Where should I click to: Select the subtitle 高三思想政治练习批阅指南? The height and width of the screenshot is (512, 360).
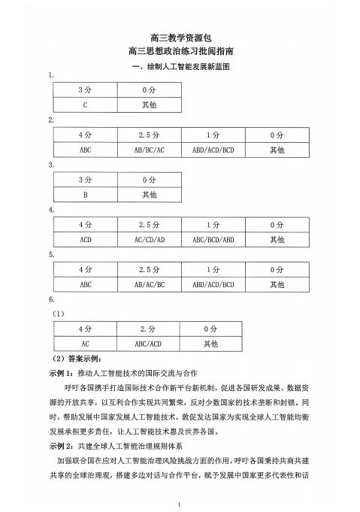[x=180, y=52]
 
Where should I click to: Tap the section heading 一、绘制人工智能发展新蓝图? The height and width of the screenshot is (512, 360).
[x=180, y=67]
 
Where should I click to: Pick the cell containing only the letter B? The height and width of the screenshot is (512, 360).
[x=85, y=195]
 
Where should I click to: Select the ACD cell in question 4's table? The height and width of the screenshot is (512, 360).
[x=85, y=239]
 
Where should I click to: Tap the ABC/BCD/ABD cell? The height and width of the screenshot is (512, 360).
[x=213, y=239]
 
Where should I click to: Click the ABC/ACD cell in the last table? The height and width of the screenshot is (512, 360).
[x=149, y=344]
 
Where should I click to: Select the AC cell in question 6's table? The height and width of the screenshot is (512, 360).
[x=85, y=344]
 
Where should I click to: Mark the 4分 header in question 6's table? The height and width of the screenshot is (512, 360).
[x=85, y=329]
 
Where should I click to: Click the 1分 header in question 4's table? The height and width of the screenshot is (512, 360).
[x=213, y=225]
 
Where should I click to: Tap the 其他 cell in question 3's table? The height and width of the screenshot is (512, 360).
[x=149, y=195]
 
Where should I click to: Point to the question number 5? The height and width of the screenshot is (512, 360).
[x=50, y=255]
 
